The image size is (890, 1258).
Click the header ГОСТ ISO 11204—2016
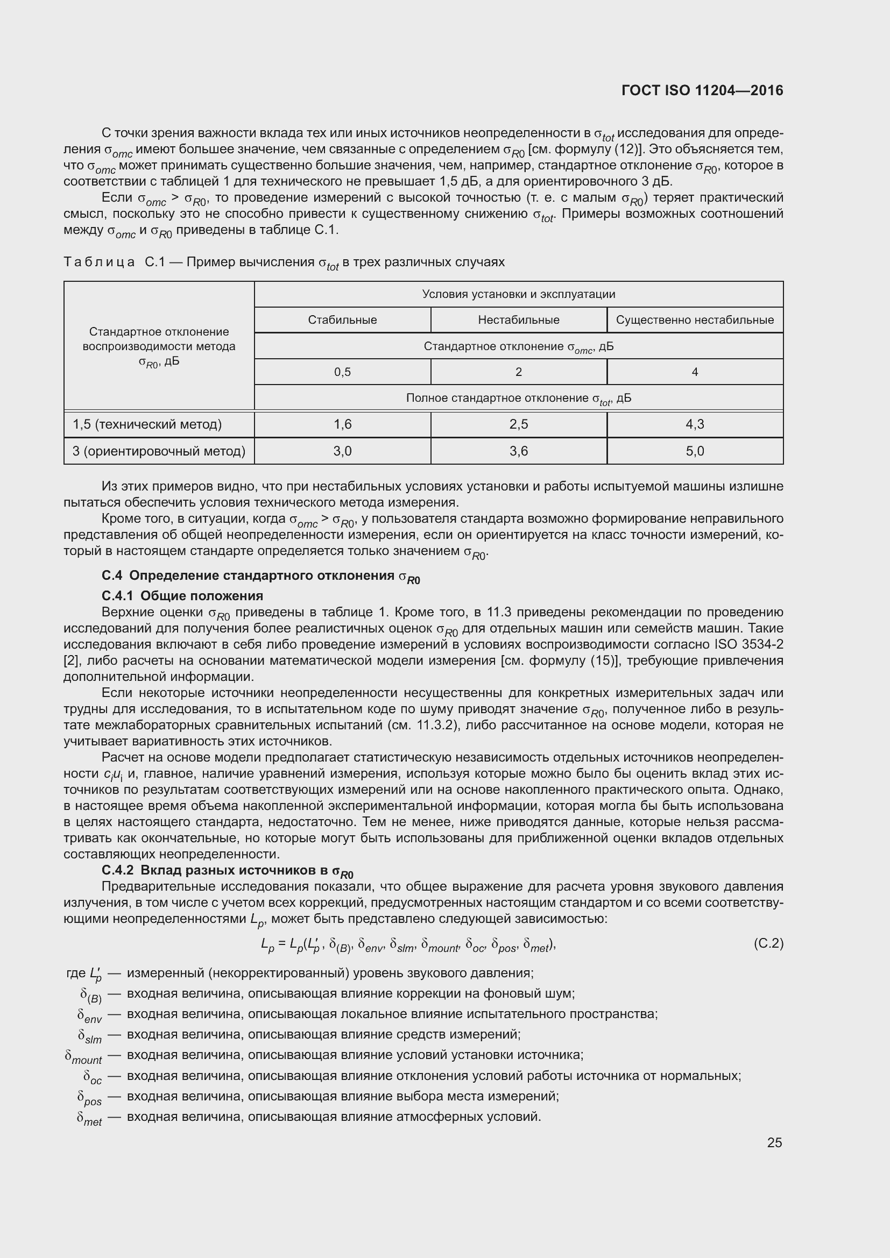(702, 91)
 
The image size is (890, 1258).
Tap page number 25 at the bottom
(774, 1142)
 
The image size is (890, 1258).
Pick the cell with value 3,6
(518, 451)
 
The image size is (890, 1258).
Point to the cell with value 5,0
(694, 451)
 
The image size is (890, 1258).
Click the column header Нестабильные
(518, 320)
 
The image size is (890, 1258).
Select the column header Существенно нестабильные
(694, 320)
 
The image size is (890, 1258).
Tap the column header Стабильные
(343, 320)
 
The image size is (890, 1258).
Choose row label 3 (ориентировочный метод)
(159, 451)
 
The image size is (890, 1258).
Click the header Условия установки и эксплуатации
(518, 294)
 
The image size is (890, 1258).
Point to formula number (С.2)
(768, 943)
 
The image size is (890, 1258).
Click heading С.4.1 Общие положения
(182, 595)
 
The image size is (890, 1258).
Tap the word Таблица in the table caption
(99, 262)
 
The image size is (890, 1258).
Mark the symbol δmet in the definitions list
(89, 1118)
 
